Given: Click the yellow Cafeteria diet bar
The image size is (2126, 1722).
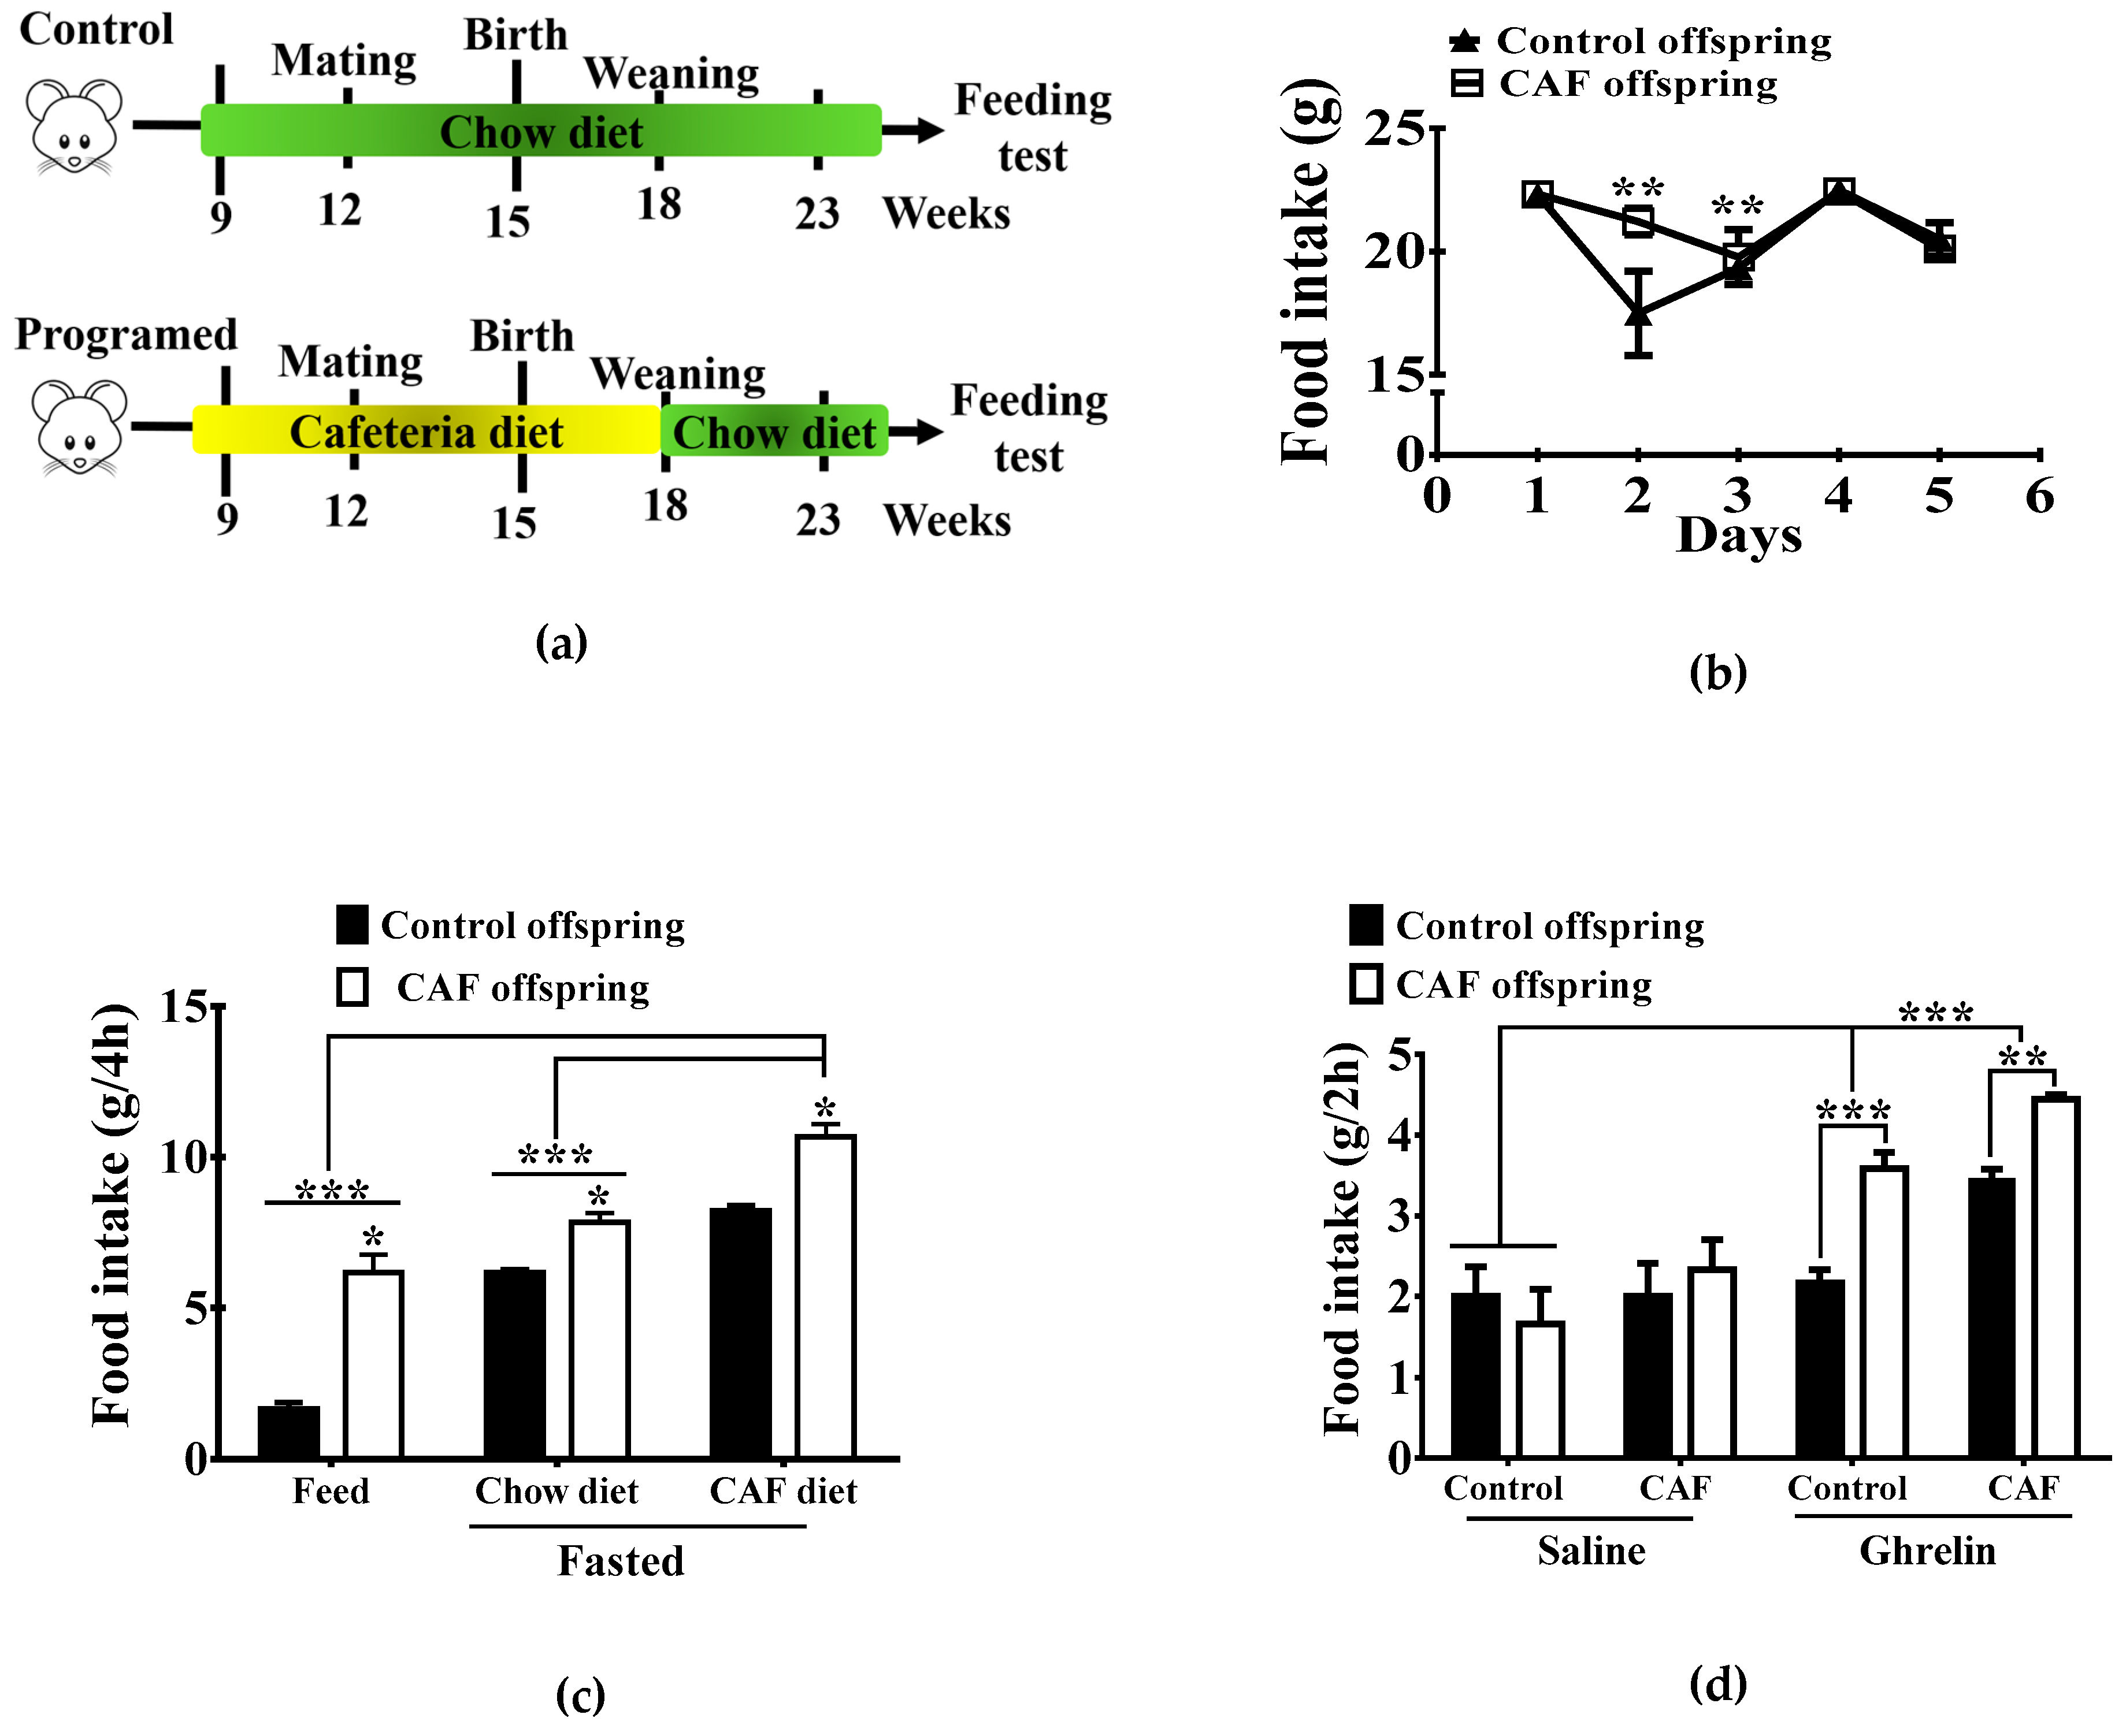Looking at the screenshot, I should (x=426, y=430).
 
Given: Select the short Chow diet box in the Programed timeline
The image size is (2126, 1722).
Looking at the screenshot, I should (x=774, y=430).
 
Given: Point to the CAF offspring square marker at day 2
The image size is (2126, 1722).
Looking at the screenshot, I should (x=1638, y=221).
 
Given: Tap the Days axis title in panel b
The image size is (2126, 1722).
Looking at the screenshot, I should (x=1738, y=535).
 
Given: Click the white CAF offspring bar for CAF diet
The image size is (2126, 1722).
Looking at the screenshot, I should (x=825, y=1296).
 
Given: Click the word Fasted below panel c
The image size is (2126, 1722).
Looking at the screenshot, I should (x=621, y=1560).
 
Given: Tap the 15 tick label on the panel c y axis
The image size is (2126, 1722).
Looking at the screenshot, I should (x=184, y=1007).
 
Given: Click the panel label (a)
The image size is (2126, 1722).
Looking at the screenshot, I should (x=562, y=643).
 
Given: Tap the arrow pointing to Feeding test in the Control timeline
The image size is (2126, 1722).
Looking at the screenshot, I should (x=912, y=130).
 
